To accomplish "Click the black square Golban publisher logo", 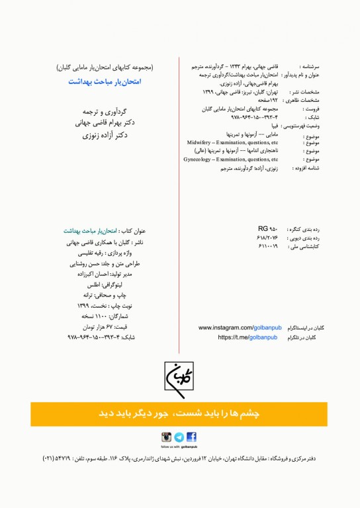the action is (179, 380).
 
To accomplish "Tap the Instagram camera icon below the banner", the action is (167, 437).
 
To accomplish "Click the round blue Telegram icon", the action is (179, 437).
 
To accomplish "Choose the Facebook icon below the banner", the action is (191, 437).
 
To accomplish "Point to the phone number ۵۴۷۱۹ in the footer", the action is (60, 458).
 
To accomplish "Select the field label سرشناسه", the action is (309, 67).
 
